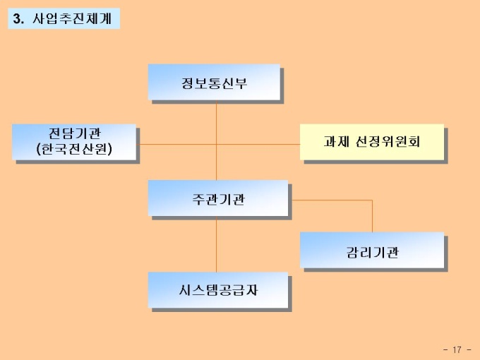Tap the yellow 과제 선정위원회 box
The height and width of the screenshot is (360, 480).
pos(371,141)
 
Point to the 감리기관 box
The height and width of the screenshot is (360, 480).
pos(371,250)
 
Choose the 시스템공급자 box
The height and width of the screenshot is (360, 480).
pos(217,289)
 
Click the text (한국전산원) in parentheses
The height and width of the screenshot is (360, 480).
pos(73,149)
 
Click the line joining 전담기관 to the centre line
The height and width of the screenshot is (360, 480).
pos(176,144)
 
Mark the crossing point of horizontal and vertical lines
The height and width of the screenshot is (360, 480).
pos(217,144)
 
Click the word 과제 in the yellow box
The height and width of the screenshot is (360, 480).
pos(335,141)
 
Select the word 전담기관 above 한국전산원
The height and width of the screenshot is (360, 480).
pos(73,133)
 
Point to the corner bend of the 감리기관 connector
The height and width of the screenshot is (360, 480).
pos(372,200)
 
